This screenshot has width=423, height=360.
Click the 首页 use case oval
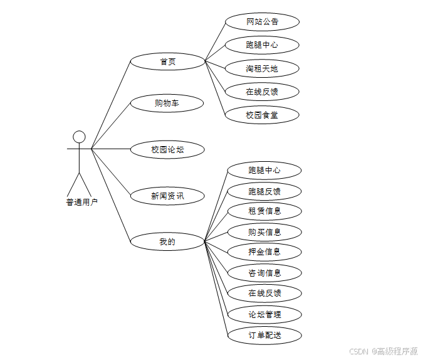(x=167, y=61)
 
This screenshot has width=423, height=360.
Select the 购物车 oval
(x=167, y=103)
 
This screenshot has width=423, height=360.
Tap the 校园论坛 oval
(x=167, y=149)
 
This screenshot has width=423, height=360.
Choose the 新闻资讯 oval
(x=167, y=196)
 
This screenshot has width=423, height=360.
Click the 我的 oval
(x=167, y=241)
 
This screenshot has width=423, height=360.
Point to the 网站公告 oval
(x=262, y=22)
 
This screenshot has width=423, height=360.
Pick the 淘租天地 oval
(x=262, y=68)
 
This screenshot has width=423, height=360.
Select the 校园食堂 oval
(x=262, y=115)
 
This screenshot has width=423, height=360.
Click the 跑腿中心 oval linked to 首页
(x=262, y=45)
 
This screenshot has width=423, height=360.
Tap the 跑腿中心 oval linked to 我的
(x=264, y=170)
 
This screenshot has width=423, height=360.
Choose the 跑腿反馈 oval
(x=264, y=191)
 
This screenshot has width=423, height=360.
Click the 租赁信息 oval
(x=264, y=211)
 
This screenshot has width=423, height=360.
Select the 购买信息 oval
(x=264, y=232)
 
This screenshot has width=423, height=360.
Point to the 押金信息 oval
(x=264, y=251)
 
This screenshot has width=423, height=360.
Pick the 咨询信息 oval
(x=264, y=273)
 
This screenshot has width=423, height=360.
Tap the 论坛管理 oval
(x=264, y=314)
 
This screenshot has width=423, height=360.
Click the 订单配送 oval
(x=264, y=335)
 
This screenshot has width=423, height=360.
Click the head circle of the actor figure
(x=79, y=137)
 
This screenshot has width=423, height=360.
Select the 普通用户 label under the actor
(x=81, y=202)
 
